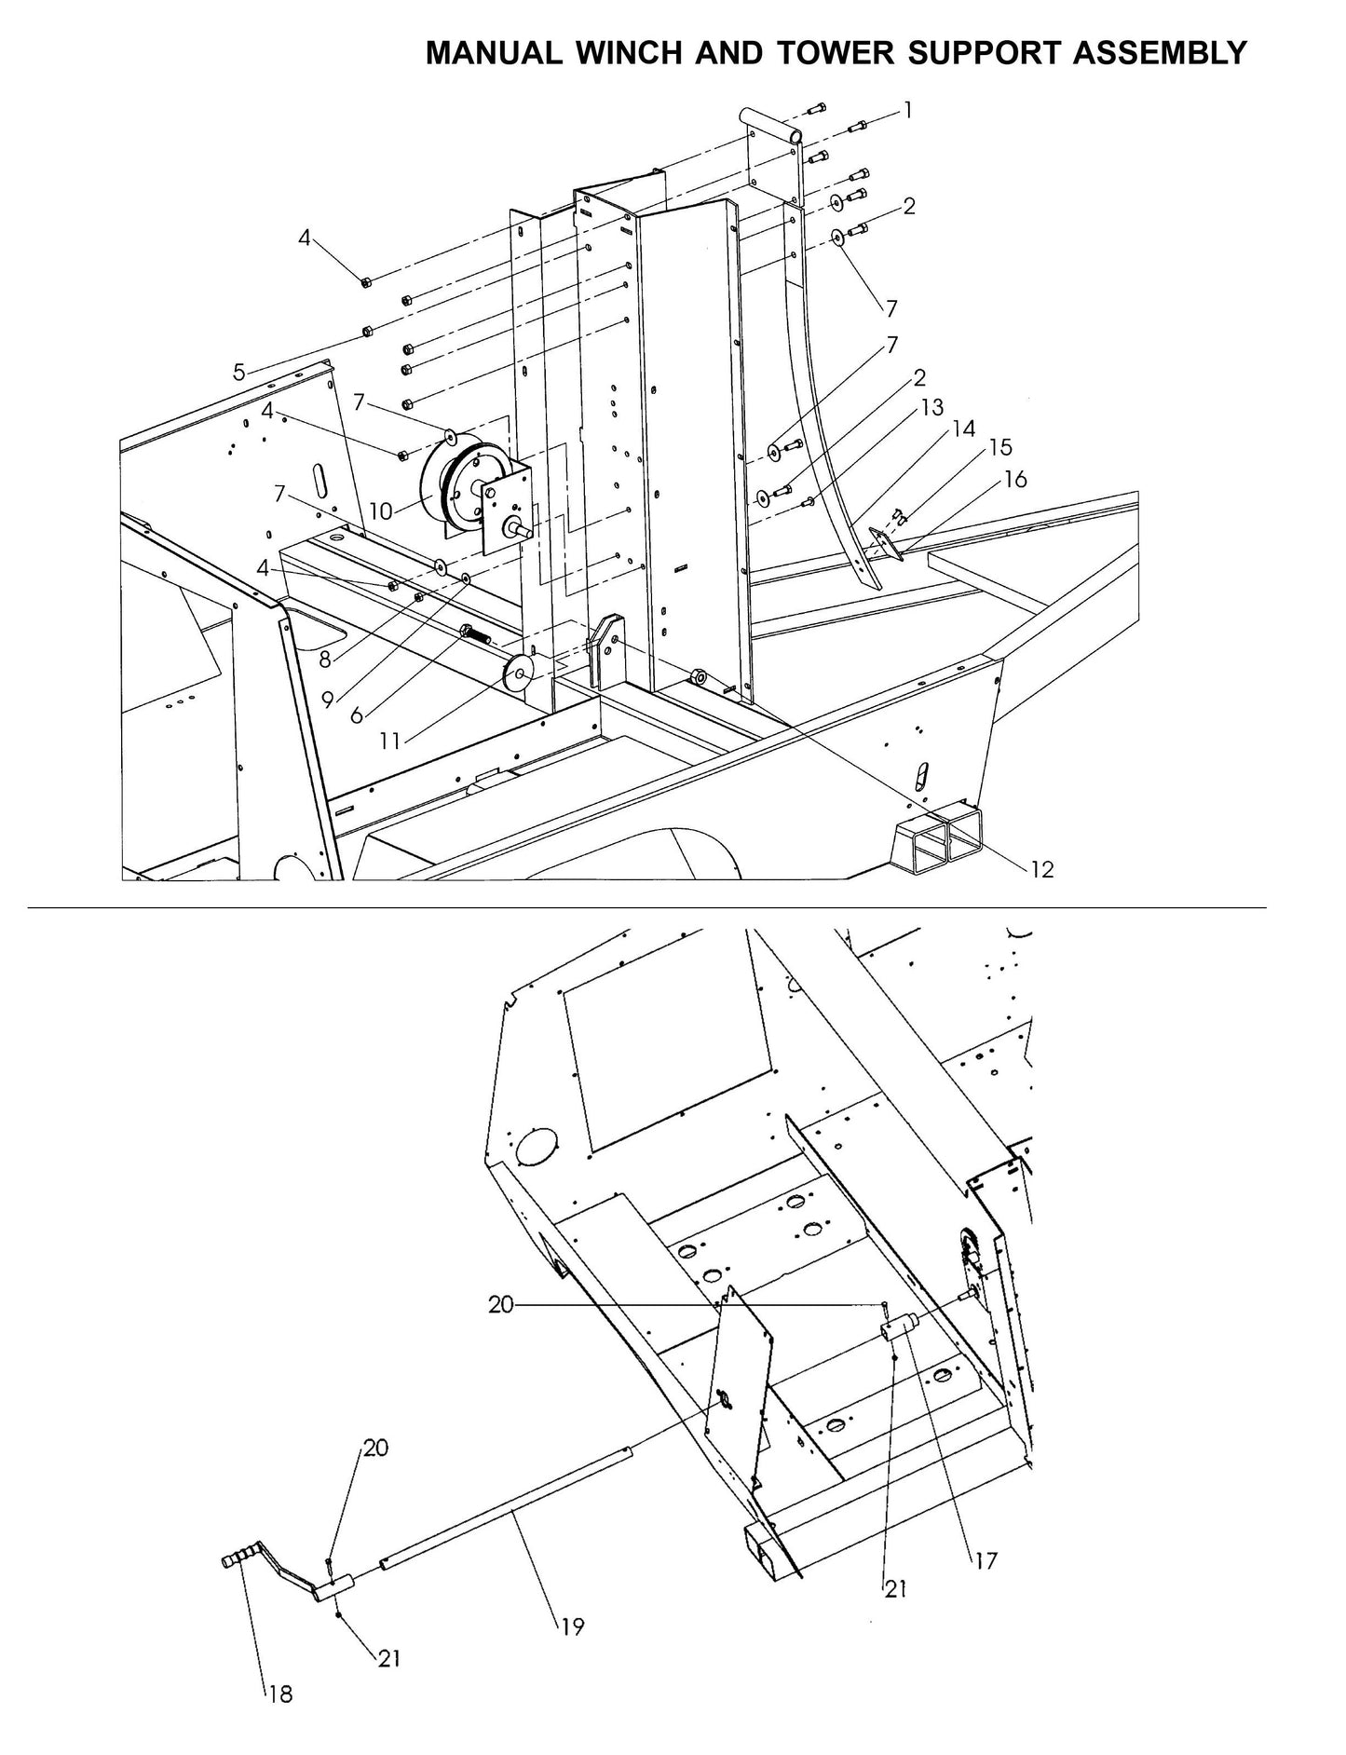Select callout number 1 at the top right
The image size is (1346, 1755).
pos(908,111)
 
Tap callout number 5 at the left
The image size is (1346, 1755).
pos(239,373)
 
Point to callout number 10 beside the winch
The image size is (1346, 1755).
pos(381,511)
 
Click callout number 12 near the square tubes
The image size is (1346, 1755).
pos(1042,868)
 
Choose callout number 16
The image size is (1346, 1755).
pos(1015,479)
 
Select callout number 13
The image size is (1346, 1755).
pos(932,407)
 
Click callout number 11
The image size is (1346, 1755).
pos(390,741)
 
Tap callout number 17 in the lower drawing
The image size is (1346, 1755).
pos(986,1559)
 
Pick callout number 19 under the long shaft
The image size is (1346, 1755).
pos(573,1626)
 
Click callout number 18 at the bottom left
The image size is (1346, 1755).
pos(280,1694)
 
